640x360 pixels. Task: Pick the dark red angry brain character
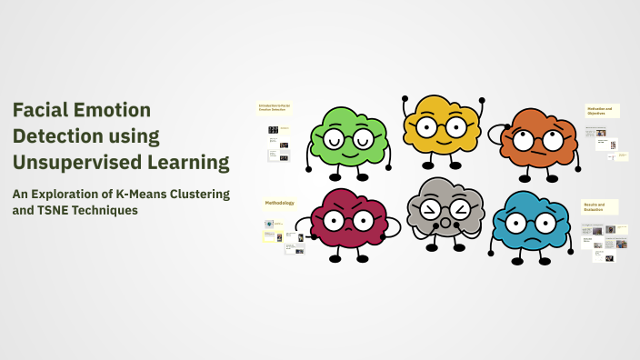pyautogui.click(x=350, y=219)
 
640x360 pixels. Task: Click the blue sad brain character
pyautogui.click(x=531, y=223)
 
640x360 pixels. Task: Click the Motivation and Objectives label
pyautogui.click(x=602, y=110)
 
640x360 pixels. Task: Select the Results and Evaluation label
pyautogui.click(x=600, y=207)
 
